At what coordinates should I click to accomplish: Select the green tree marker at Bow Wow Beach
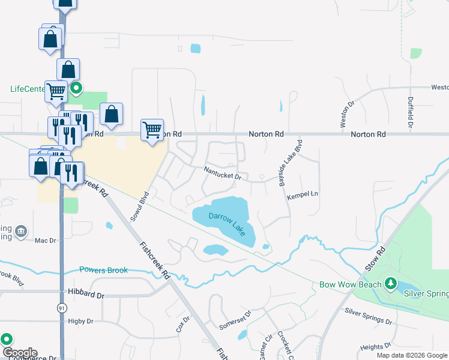(391, 283)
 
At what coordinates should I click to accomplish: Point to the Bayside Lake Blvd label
(289, 163)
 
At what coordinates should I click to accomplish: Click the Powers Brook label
(103, 270)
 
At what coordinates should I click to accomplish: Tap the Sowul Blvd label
(143, 205)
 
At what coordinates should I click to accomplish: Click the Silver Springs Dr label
(368, 315)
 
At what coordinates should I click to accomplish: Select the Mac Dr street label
(45, 241)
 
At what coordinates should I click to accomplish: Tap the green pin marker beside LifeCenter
(76, 89)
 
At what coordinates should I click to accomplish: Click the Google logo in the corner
(19, 353)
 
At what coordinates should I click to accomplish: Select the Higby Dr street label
(80, 322)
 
